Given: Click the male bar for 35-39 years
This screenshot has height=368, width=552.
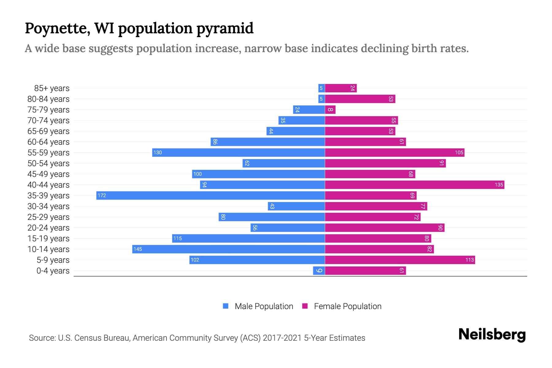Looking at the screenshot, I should tap(210, 195).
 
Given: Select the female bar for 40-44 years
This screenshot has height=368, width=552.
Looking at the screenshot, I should tap(414, 185).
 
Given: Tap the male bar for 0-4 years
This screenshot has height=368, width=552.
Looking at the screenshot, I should tap(319, 270).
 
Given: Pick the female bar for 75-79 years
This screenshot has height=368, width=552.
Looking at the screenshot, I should tap(330, 109).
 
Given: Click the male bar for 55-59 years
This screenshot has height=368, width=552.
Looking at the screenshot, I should tap(238, 152).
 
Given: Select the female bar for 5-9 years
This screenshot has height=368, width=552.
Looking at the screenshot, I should tap(400, 260).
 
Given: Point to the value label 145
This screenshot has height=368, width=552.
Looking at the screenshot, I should tap(138, 249).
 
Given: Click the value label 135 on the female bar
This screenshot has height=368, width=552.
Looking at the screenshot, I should tap(499, 185).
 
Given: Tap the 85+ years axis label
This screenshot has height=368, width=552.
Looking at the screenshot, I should tap(52, 88).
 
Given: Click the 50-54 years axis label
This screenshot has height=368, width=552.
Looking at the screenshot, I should tap(48, 163).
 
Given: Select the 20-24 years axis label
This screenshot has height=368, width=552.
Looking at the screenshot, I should tap(48, 228).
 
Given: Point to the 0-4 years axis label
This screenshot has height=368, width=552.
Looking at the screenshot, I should tap(53, 271).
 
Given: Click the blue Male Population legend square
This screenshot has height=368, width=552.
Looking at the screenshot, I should tap(226, 306).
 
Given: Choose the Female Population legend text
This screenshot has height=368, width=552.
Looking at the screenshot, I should tap(347, 306).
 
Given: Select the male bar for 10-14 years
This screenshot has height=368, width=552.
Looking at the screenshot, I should tap(228, 249).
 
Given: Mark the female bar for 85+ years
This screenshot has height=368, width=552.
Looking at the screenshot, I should tap(340, 88).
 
